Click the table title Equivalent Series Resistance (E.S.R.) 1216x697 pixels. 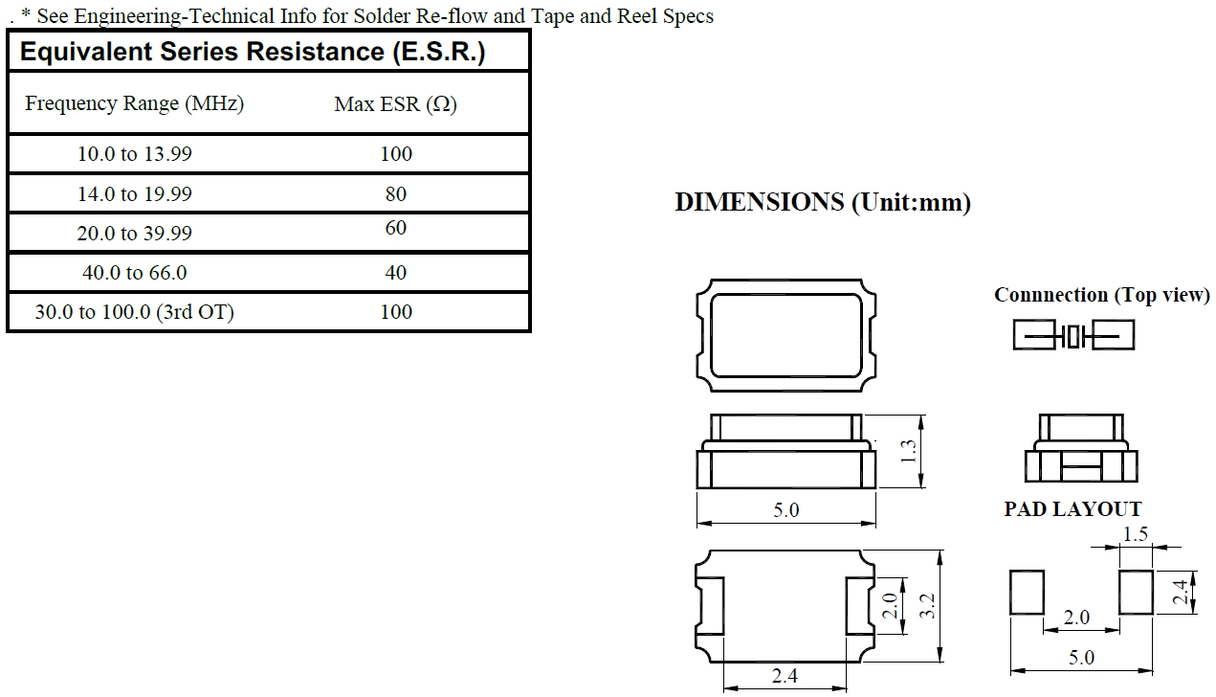tap(253, 52)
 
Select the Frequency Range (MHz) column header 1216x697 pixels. tap(134, 103)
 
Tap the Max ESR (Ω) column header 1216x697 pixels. tap(395, 104)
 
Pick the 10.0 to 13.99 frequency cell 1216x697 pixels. tap(134, 154)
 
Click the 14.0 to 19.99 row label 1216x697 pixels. tap(134, 194)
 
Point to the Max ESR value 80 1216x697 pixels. tap(395, 194)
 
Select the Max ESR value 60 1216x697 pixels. tap(395, 228)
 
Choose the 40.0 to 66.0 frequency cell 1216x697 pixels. tap(134, 273)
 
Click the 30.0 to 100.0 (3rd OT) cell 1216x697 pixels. tap(134, 312)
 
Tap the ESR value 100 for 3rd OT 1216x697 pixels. tap(395, 312)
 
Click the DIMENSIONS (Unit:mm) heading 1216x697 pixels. tap(822, 203)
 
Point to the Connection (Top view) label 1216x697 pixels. tap(1101, 295)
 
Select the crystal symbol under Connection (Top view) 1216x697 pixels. tap(1073, 335)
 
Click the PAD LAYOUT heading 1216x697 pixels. tap(1072, 509)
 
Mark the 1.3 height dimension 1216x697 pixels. tap(910, 450)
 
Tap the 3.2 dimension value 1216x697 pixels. tap(926, 605)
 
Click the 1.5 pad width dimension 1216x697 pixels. tap(1135, 534)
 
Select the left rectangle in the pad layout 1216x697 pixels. tap(1027, 593)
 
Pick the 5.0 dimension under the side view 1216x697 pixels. tap(785, 510)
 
